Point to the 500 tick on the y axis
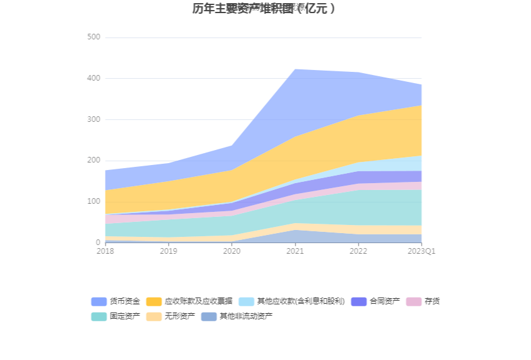93,37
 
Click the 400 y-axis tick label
93,79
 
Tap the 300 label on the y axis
93,119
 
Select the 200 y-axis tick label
93,161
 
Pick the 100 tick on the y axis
93,201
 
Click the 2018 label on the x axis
105,251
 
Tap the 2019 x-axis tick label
168,251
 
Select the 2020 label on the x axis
232,251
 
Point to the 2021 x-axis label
295,251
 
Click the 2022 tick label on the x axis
358,251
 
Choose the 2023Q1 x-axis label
421,251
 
